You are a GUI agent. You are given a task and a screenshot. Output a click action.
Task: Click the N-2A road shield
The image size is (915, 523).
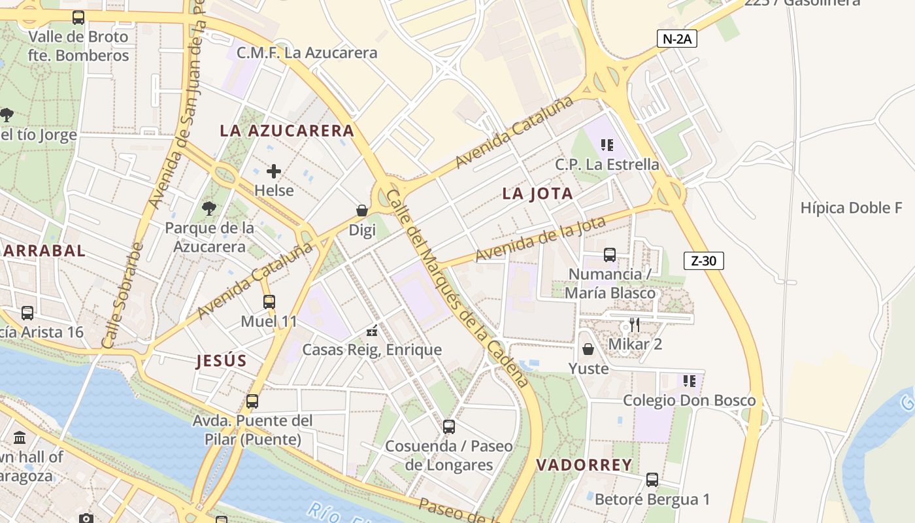tap(677, 39)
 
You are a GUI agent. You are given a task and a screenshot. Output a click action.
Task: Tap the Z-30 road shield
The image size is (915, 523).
tap(704, 261)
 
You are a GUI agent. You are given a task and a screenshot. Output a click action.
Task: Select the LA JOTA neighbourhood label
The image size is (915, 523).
tap(538, 194)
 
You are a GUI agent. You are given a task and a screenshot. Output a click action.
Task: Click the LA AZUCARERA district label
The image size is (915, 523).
tap(287, 131)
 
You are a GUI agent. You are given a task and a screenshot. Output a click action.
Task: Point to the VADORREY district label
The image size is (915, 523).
tap(584, 465)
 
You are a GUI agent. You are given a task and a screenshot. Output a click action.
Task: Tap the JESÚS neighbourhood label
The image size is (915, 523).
tap(222, 361)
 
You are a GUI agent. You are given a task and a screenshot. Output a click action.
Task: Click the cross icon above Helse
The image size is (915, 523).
tap(274, 171)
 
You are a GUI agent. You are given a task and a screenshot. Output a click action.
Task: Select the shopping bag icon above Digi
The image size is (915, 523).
tap(361, 211)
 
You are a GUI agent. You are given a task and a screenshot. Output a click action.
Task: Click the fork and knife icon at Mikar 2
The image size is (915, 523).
tap(634, 324)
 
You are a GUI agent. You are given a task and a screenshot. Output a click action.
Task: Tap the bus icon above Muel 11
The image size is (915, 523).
tap(269, 301)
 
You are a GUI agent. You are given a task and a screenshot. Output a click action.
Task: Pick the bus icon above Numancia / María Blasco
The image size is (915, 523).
tap(610, 254)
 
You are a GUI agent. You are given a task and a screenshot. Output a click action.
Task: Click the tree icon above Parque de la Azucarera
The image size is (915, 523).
tap(209, 209)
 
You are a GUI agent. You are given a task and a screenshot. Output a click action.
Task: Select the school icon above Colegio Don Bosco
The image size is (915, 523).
tap(689, 380)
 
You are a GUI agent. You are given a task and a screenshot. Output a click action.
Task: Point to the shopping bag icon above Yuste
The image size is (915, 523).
tap(588, 349)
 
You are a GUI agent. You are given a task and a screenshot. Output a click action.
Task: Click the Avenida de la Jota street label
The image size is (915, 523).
tap(541, 239)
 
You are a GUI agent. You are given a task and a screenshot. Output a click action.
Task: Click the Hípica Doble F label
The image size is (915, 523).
tap(851, 208)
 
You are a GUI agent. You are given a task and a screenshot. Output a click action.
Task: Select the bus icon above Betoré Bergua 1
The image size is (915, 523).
tap(652, 480)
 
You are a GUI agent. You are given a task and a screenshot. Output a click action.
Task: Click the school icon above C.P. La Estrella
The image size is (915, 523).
tap(607, 144)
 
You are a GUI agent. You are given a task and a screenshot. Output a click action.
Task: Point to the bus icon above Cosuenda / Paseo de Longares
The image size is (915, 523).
tap(448, 427)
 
